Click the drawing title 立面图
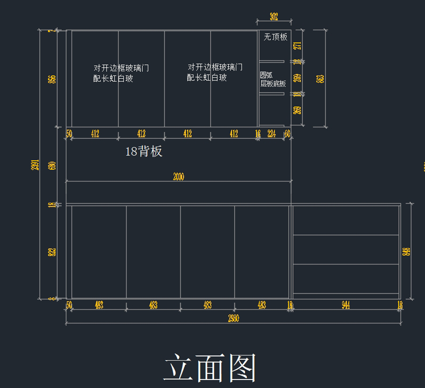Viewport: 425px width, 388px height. [210, 368]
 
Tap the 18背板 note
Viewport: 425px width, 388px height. [144, 151]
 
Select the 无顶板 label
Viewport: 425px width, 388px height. [275, 37]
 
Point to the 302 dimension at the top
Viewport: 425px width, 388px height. [274, 17]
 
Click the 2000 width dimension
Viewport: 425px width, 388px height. [178, 177]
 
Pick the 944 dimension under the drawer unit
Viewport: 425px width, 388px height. [346, 305]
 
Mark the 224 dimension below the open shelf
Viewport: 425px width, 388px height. [272, 134]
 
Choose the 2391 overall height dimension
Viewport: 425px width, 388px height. [35, 165]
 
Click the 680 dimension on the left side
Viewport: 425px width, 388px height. [52, 166]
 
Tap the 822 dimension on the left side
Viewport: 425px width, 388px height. [52, 252]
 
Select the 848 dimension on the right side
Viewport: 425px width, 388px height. [406, 252]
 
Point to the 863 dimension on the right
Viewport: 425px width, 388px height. [320, 78]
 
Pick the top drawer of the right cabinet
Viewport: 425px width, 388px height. [346, 220]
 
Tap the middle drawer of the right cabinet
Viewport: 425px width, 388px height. [346, 249]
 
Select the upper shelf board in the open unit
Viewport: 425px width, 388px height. [272, 62]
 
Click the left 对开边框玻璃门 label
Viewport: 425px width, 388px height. [121, 68]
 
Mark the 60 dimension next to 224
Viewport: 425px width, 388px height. [287, 134]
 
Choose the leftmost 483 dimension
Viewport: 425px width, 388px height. [99, 305]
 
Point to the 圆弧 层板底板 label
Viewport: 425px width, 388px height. [273, 79]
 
